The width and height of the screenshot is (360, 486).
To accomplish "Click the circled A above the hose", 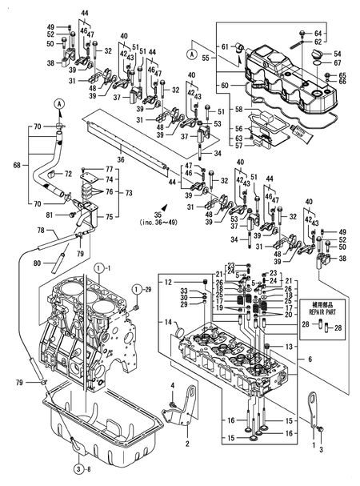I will coord(59,104).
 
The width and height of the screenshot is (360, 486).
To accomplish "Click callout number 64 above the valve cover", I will coord(338,32).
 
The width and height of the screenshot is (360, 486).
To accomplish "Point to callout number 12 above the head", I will coord(169,282).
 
